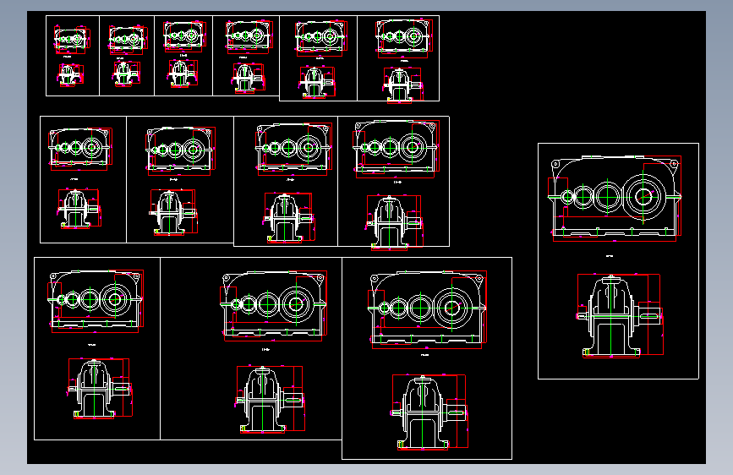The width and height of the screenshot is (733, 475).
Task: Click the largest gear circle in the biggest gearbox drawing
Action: [643, 197]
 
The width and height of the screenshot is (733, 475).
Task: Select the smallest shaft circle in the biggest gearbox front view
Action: [567, 197]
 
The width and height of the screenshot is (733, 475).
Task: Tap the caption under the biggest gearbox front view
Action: [610, 254]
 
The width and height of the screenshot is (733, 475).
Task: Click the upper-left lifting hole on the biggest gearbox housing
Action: [556, 164]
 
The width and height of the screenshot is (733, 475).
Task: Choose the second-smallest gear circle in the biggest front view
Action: [583, 197]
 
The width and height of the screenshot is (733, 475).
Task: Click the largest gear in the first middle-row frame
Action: [92, 146]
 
